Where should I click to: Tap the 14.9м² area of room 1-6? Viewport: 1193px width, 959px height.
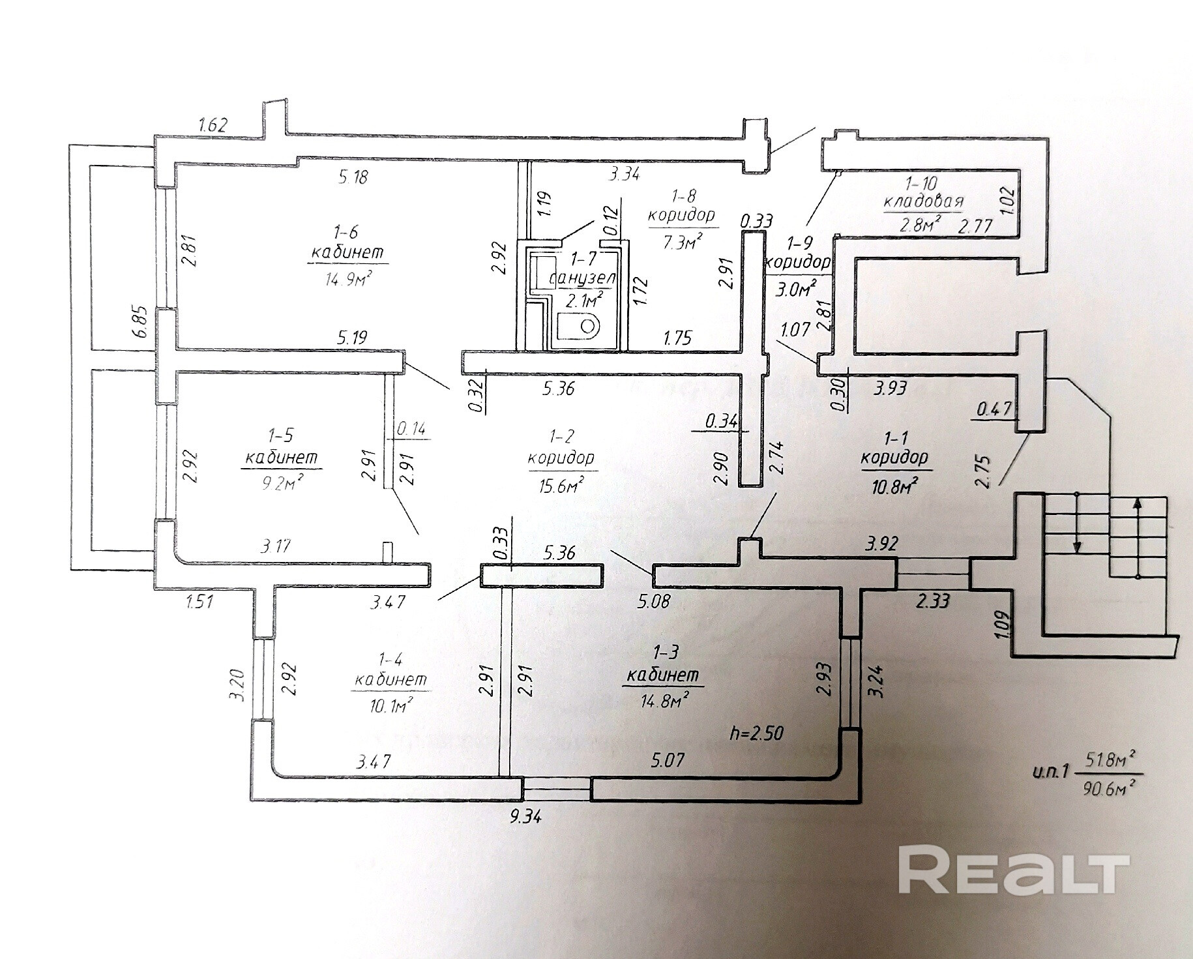tap(348, 279)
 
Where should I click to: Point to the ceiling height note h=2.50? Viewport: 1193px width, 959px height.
tap(757, 733)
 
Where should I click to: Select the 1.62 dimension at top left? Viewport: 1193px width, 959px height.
tap(213, 125)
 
